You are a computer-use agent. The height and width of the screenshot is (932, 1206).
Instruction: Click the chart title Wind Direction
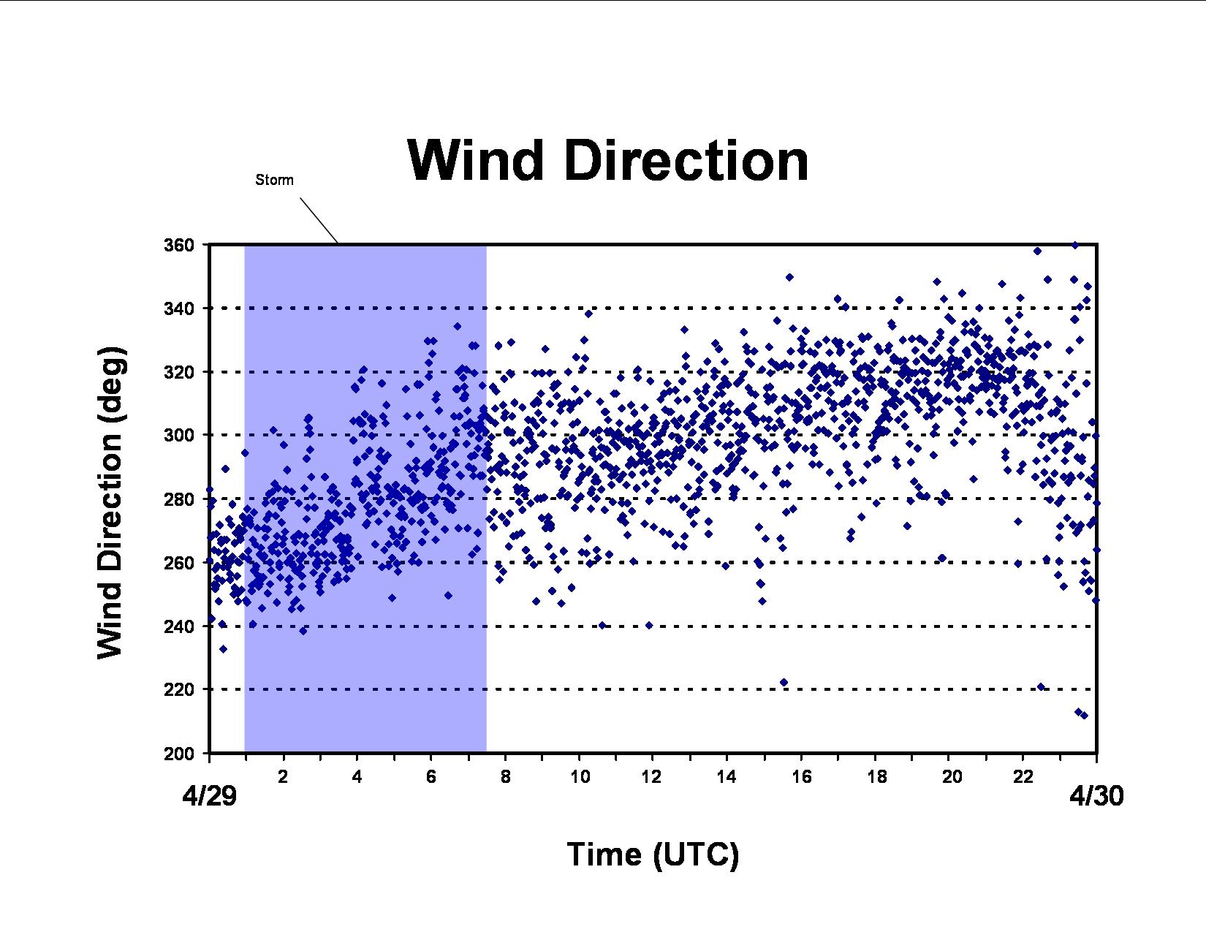pos(607,160)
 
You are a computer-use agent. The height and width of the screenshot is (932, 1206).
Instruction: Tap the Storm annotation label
pos(274,180)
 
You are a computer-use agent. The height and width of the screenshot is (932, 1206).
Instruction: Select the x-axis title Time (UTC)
pos(653,854)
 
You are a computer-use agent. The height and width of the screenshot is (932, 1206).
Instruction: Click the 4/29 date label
pos(209,796)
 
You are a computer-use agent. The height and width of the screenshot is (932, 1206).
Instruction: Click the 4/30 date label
pos(1096,796)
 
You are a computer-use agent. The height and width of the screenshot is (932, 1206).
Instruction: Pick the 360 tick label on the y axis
pos(179,245)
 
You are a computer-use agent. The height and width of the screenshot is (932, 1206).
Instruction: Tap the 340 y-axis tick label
pos(179,308)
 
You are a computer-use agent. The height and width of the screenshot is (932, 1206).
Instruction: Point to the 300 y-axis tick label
pos(179,435)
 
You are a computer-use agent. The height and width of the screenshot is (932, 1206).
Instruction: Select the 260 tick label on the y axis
pos(179,563)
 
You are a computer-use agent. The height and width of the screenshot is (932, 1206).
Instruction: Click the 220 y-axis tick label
pos(179,690)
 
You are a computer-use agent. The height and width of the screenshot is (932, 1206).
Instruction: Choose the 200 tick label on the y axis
pos(179,754)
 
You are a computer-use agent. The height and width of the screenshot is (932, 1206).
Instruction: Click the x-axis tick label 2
pos(283,776)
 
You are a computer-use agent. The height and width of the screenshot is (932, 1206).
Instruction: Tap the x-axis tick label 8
pos(505,776)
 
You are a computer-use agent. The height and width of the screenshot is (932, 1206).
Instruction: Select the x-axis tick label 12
pos(652,776)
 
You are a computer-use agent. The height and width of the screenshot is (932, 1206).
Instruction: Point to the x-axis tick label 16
pos(801,776)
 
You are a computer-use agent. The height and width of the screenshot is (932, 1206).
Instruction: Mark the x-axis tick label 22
pos(1023,776)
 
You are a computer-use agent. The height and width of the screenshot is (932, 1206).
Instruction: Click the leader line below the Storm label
pos(319,220)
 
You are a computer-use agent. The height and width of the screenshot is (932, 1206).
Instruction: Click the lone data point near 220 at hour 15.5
pos(784,682)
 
